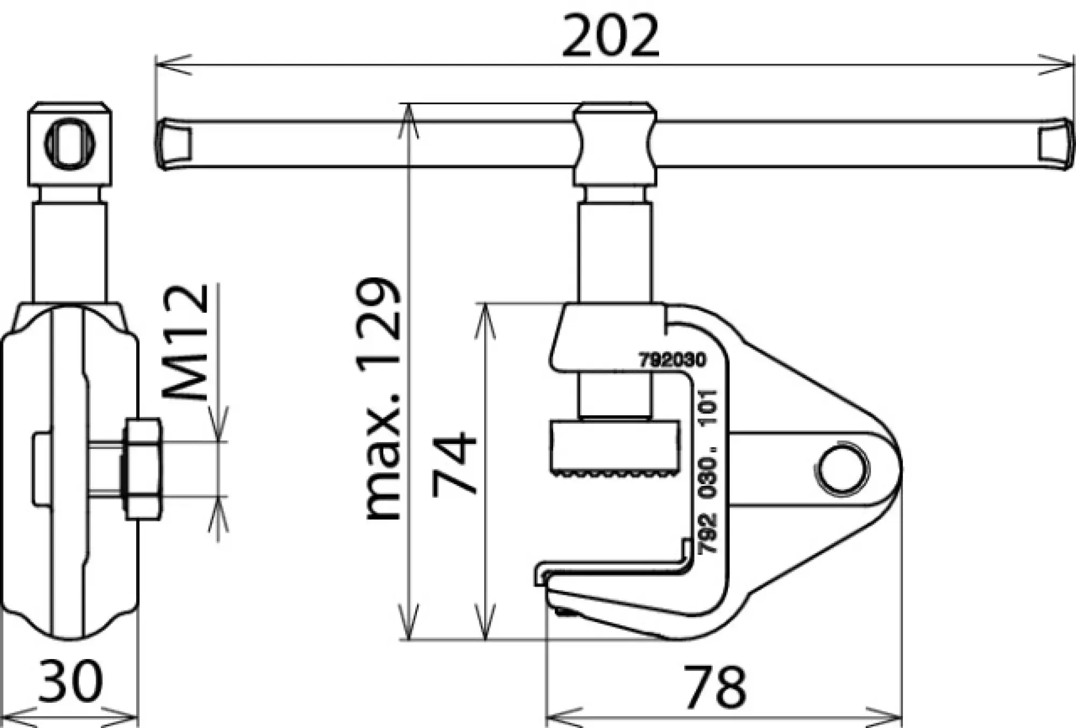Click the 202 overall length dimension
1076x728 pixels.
[610, 37]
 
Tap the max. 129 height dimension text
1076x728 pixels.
[383, 398]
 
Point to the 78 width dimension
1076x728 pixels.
[714, 687]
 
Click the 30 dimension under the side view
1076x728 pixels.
[70, 681]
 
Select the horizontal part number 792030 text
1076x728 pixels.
[672, 360]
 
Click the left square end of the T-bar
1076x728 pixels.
[175, 144]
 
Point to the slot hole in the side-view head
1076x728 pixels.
[70, 143]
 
